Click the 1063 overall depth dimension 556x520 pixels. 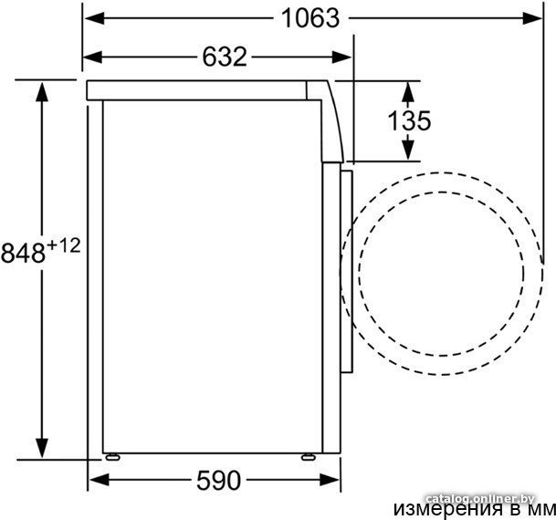(x=310, y=18)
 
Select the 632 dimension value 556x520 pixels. (x=225, y=57)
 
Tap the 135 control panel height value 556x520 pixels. (x=409, y=120)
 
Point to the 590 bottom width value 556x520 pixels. (x=219, y=481)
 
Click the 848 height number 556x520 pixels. (x=24, y=253)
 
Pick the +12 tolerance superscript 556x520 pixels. (x=64, y=245)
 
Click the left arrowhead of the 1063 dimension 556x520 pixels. (x=95, y=18)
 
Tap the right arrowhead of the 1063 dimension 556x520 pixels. (x=532, y=18)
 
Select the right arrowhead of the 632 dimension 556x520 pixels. (x=341, y=57)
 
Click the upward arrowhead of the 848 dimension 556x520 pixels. (x=42, y=92)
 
